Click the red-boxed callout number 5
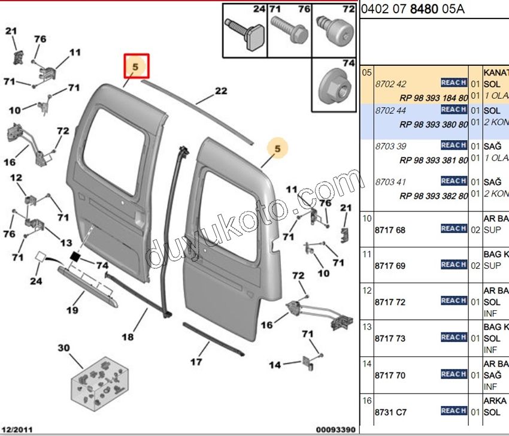click(136, 67)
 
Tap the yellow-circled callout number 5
click(277, 147)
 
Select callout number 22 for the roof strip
click(221, 92)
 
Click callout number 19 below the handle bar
click(72, 310)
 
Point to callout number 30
click(63, 348)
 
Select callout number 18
click(128, 337)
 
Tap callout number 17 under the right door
click(196, 362)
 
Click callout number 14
click(274, 365)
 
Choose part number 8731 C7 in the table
click(390, 412)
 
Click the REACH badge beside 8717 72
click(453, 301)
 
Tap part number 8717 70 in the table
click(389, 376)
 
